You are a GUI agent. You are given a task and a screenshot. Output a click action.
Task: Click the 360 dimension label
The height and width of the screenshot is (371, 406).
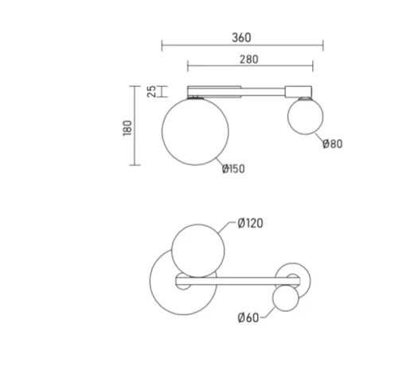241,37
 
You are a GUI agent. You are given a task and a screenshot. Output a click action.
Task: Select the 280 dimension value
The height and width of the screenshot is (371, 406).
249,60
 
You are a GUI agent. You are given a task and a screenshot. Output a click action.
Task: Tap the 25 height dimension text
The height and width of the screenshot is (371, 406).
151,92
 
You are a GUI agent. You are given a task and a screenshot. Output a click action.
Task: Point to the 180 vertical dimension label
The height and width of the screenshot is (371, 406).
127,128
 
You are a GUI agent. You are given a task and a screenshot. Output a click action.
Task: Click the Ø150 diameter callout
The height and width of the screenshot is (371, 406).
233,169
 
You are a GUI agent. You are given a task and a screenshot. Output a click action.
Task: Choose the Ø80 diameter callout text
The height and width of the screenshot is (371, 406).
333,144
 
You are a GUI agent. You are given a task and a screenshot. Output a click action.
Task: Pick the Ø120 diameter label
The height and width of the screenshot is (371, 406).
251,223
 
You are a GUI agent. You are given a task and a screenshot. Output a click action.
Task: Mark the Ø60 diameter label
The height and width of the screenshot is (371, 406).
248,318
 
